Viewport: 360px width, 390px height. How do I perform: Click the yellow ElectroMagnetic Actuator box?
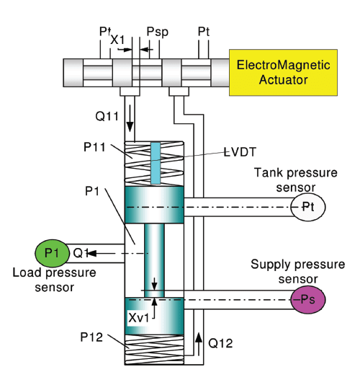click(283, 72)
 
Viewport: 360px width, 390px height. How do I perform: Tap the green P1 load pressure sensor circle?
click(52, 253)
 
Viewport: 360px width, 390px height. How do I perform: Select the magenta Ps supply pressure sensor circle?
click(308, 299)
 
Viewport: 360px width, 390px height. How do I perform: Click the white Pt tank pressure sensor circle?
click(308, 207)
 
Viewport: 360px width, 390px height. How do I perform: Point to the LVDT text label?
click(240, 152)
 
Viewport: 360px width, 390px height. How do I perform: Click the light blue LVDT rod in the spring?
click(156, 163)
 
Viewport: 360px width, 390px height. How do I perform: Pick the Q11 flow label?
click(107, 116)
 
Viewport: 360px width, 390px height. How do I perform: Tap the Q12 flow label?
click(220, 343)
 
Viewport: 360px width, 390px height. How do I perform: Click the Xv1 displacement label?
click(139, 318)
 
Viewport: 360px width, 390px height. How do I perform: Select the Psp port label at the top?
click(158, 32)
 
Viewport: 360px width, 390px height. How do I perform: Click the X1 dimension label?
click(117, 40)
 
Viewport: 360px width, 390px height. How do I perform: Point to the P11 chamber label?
click(94, 147)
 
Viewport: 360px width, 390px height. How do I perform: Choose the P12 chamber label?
click(91, 337)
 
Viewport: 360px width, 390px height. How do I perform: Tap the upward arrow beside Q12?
click(198, 344)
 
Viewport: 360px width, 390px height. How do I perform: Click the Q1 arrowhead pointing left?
click(91, 253)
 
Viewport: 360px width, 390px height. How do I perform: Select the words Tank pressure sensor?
click(296, 180)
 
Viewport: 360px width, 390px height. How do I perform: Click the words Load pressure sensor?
click(55, 280)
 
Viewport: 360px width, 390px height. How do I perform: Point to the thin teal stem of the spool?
click(154, 260)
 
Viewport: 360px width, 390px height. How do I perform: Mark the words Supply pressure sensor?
click(297, 271)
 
